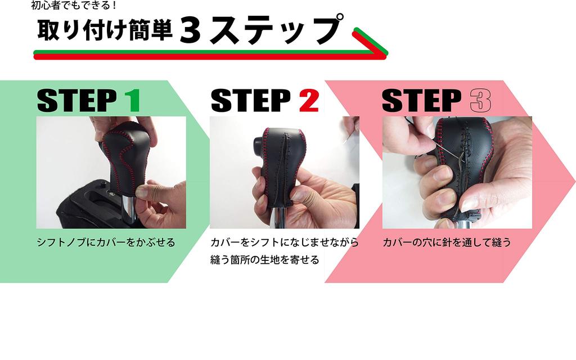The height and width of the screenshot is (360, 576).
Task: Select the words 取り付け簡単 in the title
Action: tap(105, 31)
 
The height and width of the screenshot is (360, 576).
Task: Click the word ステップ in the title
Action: tap(274, 31)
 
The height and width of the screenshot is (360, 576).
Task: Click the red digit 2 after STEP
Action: tap(308, 100)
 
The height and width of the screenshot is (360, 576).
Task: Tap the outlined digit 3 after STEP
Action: tap(480, 100)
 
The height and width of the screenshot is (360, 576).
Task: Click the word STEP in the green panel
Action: tap(77, 100)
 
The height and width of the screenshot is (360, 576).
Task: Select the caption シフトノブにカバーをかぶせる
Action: tap(106, 243)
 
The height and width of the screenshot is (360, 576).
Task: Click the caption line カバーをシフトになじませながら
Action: tap(284, 243)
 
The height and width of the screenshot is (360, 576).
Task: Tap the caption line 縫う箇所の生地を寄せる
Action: tap(264, 260)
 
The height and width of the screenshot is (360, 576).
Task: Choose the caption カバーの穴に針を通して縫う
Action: tap(447, 243)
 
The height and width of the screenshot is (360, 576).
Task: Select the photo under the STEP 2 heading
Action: tap(284, 172)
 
